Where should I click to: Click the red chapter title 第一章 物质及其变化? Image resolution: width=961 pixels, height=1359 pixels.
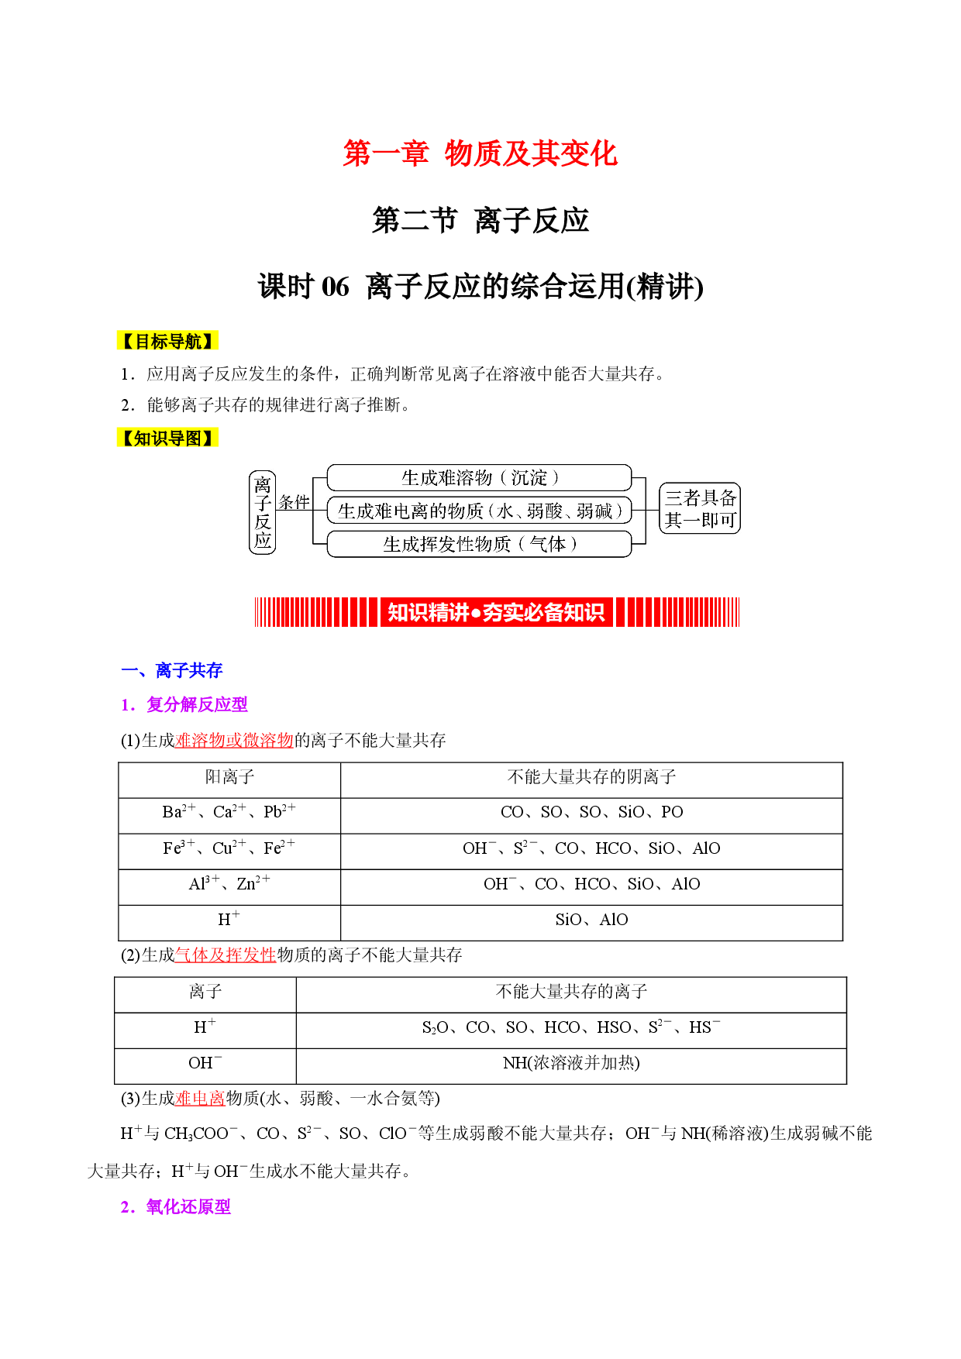480,153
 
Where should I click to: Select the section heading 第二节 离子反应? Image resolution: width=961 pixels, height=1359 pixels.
480,221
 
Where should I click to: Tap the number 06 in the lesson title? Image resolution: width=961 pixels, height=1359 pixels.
335,287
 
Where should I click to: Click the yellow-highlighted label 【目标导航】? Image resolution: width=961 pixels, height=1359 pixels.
167,341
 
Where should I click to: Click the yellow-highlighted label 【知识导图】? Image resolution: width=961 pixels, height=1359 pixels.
167,439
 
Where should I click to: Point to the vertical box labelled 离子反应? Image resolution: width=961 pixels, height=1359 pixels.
263,512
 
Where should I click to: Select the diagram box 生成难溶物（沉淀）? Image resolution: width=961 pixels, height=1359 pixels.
480,478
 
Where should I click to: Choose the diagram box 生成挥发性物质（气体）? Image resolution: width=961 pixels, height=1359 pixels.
480,544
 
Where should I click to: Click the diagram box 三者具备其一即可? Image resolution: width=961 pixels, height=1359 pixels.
700,508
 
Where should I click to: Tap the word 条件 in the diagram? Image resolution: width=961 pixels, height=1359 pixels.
294,503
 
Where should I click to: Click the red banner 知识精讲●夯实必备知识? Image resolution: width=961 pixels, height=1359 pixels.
496,612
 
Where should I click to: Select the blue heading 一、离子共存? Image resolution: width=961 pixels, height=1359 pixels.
172,670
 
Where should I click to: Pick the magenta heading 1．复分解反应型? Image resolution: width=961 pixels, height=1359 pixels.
184,704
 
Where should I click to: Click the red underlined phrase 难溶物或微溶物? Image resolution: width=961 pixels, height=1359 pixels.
235,741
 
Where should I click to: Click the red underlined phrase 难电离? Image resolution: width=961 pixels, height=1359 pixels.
201,1099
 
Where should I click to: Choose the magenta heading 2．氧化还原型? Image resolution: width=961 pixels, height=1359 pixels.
176,1207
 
